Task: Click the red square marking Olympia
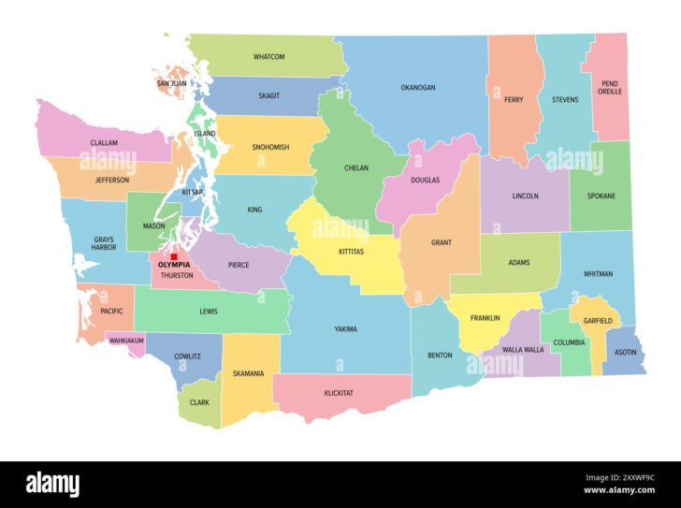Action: point(173,256)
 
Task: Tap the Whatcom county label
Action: point(268,57)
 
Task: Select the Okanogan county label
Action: point(418,87)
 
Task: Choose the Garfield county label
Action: point(597,321)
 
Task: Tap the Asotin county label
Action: point(625,354)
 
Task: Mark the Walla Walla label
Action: point(522,349)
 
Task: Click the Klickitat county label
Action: point(339,393)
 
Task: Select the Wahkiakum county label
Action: point(126,341)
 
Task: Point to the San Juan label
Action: point(171,83)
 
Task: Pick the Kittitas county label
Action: point(351,252)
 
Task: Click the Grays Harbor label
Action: point(103,245)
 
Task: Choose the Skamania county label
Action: point(248,373)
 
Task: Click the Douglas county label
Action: point(425,180)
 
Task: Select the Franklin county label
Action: point(485,318)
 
